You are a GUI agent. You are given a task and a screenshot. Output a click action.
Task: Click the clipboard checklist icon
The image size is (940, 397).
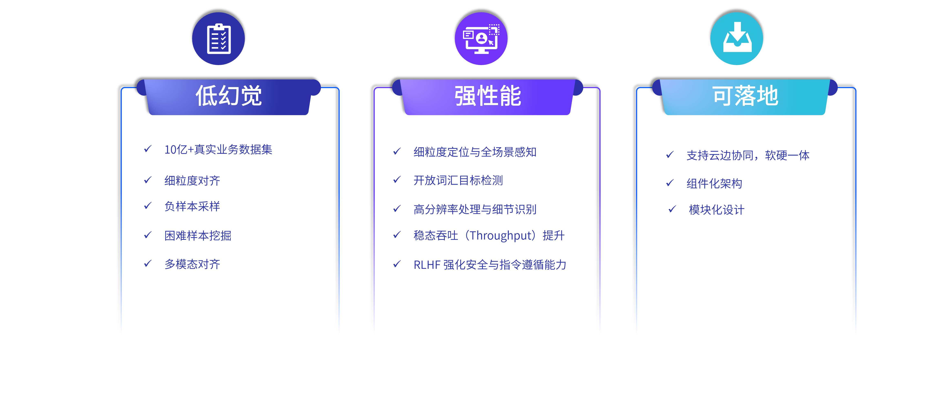pos(219,39)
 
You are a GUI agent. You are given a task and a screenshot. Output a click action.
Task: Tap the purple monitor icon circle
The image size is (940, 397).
pos(481,39)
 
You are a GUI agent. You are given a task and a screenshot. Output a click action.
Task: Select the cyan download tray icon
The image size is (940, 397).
pos(736,39)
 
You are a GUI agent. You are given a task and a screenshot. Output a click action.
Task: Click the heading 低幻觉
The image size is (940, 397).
pos(229,96)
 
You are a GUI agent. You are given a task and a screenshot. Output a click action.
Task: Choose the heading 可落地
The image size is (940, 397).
pos(745,96)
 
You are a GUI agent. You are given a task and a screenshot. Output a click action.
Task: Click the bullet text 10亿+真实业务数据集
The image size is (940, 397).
pos(218,150)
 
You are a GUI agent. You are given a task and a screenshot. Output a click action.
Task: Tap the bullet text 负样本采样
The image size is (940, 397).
pos(192,206)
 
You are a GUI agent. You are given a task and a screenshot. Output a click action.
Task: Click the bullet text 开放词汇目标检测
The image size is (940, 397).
pos(458,180)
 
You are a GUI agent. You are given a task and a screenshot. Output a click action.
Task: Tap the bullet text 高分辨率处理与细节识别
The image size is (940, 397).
pos(475,210)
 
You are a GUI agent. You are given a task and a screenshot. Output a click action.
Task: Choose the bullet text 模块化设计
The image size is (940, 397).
pos(716,210)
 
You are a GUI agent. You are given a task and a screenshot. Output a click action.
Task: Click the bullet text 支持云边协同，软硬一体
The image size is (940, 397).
pos(748,155)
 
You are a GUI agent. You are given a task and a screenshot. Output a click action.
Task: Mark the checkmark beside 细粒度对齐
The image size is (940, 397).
pos(148,180)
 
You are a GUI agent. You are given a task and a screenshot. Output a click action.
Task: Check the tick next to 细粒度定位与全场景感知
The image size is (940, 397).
pos(397,151)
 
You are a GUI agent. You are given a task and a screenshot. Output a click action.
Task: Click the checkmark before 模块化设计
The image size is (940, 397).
pos(672,209)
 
